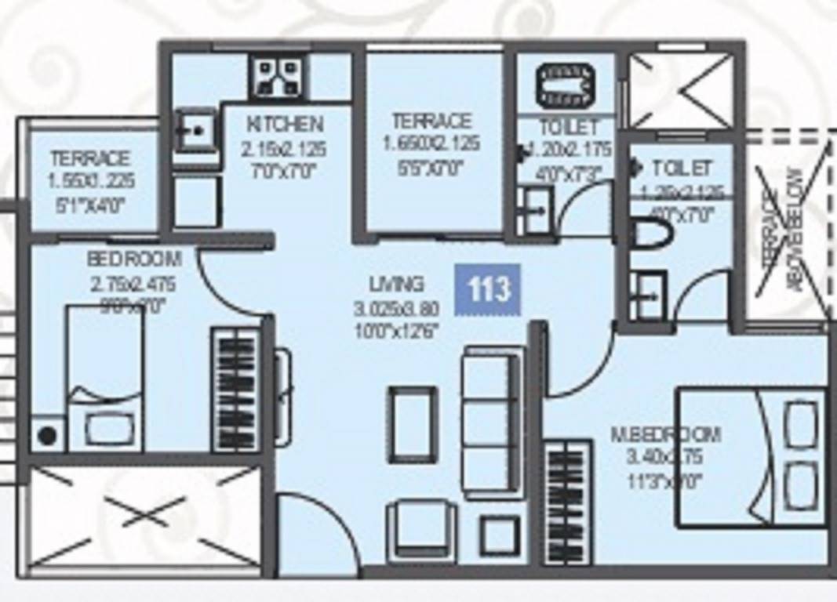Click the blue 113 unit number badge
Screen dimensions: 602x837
pos(488,289)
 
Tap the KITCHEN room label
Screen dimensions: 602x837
pos(285,124)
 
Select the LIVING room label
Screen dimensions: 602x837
pos(397,283)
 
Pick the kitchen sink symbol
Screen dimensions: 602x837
pos(194,131)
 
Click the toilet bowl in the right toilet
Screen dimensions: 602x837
pos(650,234)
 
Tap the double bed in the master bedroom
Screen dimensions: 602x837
pos(751,456)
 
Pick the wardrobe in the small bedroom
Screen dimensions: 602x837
pos(235,390)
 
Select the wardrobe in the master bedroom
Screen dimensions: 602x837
pos(566,502)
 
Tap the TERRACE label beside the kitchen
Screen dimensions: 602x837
pos(431,121)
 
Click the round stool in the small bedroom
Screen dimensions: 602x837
pos(48,435)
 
